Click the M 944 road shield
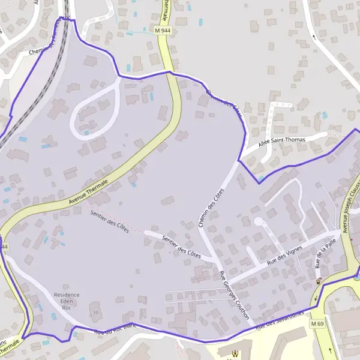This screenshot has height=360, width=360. [162, 29]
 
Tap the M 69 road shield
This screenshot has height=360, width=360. [317, 324]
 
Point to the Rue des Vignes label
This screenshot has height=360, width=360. [284, 256]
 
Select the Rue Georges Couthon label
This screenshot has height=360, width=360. [234, 295]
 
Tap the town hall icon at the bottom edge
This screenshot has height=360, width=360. [235, 355]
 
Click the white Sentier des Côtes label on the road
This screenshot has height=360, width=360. [181, 245]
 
